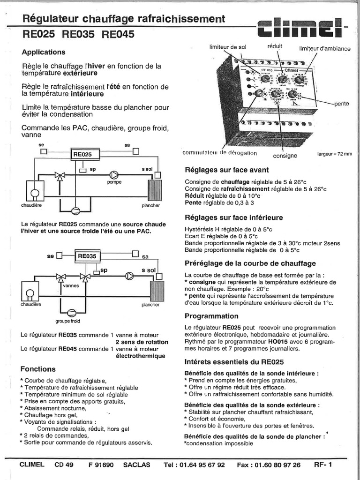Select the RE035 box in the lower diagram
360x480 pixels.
coord(87,256)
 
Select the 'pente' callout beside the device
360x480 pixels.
coord(341,104)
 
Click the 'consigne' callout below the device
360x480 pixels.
coord(285,155)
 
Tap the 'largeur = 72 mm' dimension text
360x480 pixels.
coord(334,154)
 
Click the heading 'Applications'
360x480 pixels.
coord(44,52)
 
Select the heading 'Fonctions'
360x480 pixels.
coord(38,369)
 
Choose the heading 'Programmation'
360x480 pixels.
coord(211,316)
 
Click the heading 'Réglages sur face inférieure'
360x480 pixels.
coord(234,217)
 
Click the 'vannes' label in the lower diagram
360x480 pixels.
coord(71,285)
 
